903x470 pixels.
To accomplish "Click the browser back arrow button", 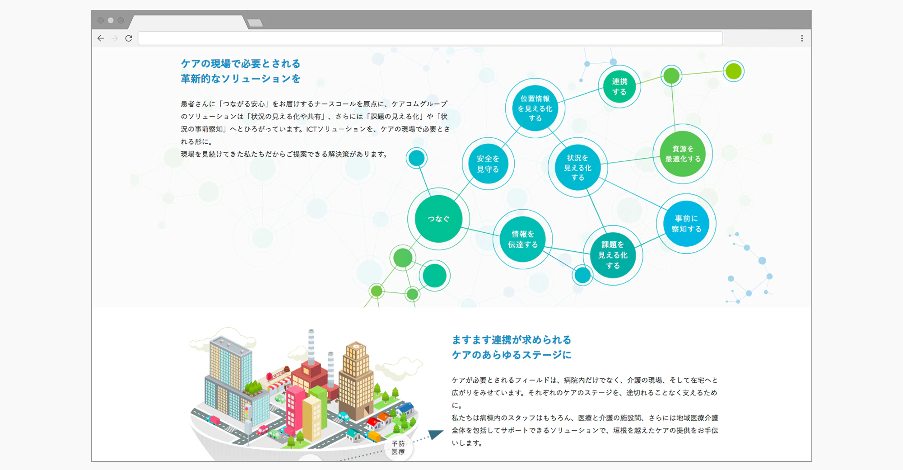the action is [101, 38].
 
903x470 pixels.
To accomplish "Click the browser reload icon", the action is [129, 38].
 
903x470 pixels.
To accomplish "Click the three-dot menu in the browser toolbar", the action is [802, 38].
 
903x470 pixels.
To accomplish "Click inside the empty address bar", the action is [430, 38].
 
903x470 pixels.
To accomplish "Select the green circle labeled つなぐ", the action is [438, 219].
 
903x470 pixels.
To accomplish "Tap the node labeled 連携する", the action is [619, 87].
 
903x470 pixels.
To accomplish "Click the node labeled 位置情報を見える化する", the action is [535, 108].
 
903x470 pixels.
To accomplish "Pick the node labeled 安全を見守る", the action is [488, 164].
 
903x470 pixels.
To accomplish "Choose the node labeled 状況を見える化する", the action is [577, 167].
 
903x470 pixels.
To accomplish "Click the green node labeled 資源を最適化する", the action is [683, 154].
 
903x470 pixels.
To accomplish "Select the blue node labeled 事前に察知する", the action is [686, 224].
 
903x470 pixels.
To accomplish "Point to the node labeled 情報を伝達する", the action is [523, 239].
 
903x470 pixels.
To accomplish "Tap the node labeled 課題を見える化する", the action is [613, 255].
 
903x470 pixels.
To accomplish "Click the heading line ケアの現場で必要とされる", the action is [241, 64].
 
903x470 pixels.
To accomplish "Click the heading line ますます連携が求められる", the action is [512, 340].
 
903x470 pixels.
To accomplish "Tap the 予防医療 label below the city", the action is [398, 448].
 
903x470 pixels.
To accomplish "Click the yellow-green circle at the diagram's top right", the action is [734, 71].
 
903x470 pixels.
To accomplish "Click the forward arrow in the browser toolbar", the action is [115, 38].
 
